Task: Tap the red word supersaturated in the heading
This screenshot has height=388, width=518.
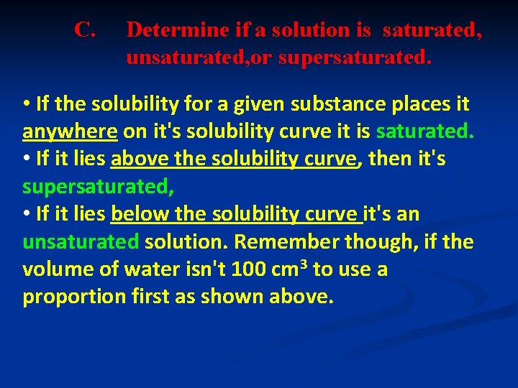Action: pos(355,57)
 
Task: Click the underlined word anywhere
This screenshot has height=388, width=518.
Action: pos(70,132)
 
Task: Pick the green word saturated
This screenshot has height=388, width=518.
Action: pos(425,132)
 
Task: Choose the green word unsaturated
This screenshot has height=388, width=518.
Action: pos(81,241)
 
